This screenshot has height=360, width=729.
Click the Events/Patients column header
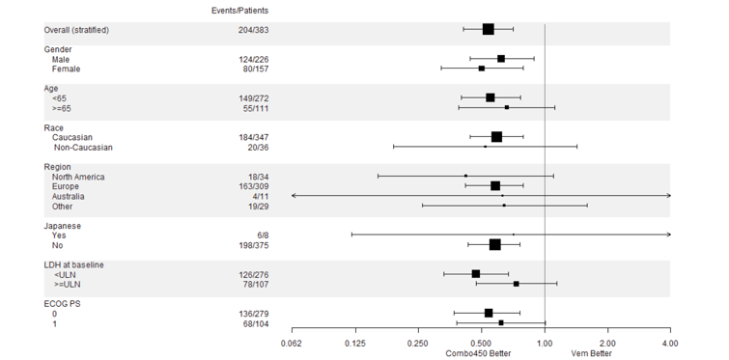240,10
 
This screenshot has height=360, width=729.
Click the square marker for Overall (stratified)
488,30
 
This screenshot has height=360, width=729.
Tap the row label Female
67,69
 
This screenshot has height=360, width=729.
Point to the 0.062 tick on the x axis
293,343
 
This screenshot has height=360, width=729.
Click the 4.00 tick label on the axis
670,343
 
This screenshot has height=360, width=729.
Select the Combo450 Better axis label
478,353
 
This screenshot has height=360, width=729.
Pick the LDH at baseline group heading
74,264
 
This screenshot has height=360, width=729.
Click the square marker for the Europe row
495,185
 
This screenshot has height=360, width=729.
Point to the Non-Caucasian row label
83,148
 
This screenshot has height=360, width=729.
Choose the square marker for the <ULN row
476,274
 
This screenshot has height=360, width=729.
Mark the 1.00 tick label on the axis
545,343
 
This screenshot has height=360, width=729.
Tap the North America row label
78,177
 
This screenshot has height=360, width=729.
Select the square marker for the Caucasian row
496,137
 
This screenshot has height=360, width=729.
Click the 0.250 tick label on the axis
418,343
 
